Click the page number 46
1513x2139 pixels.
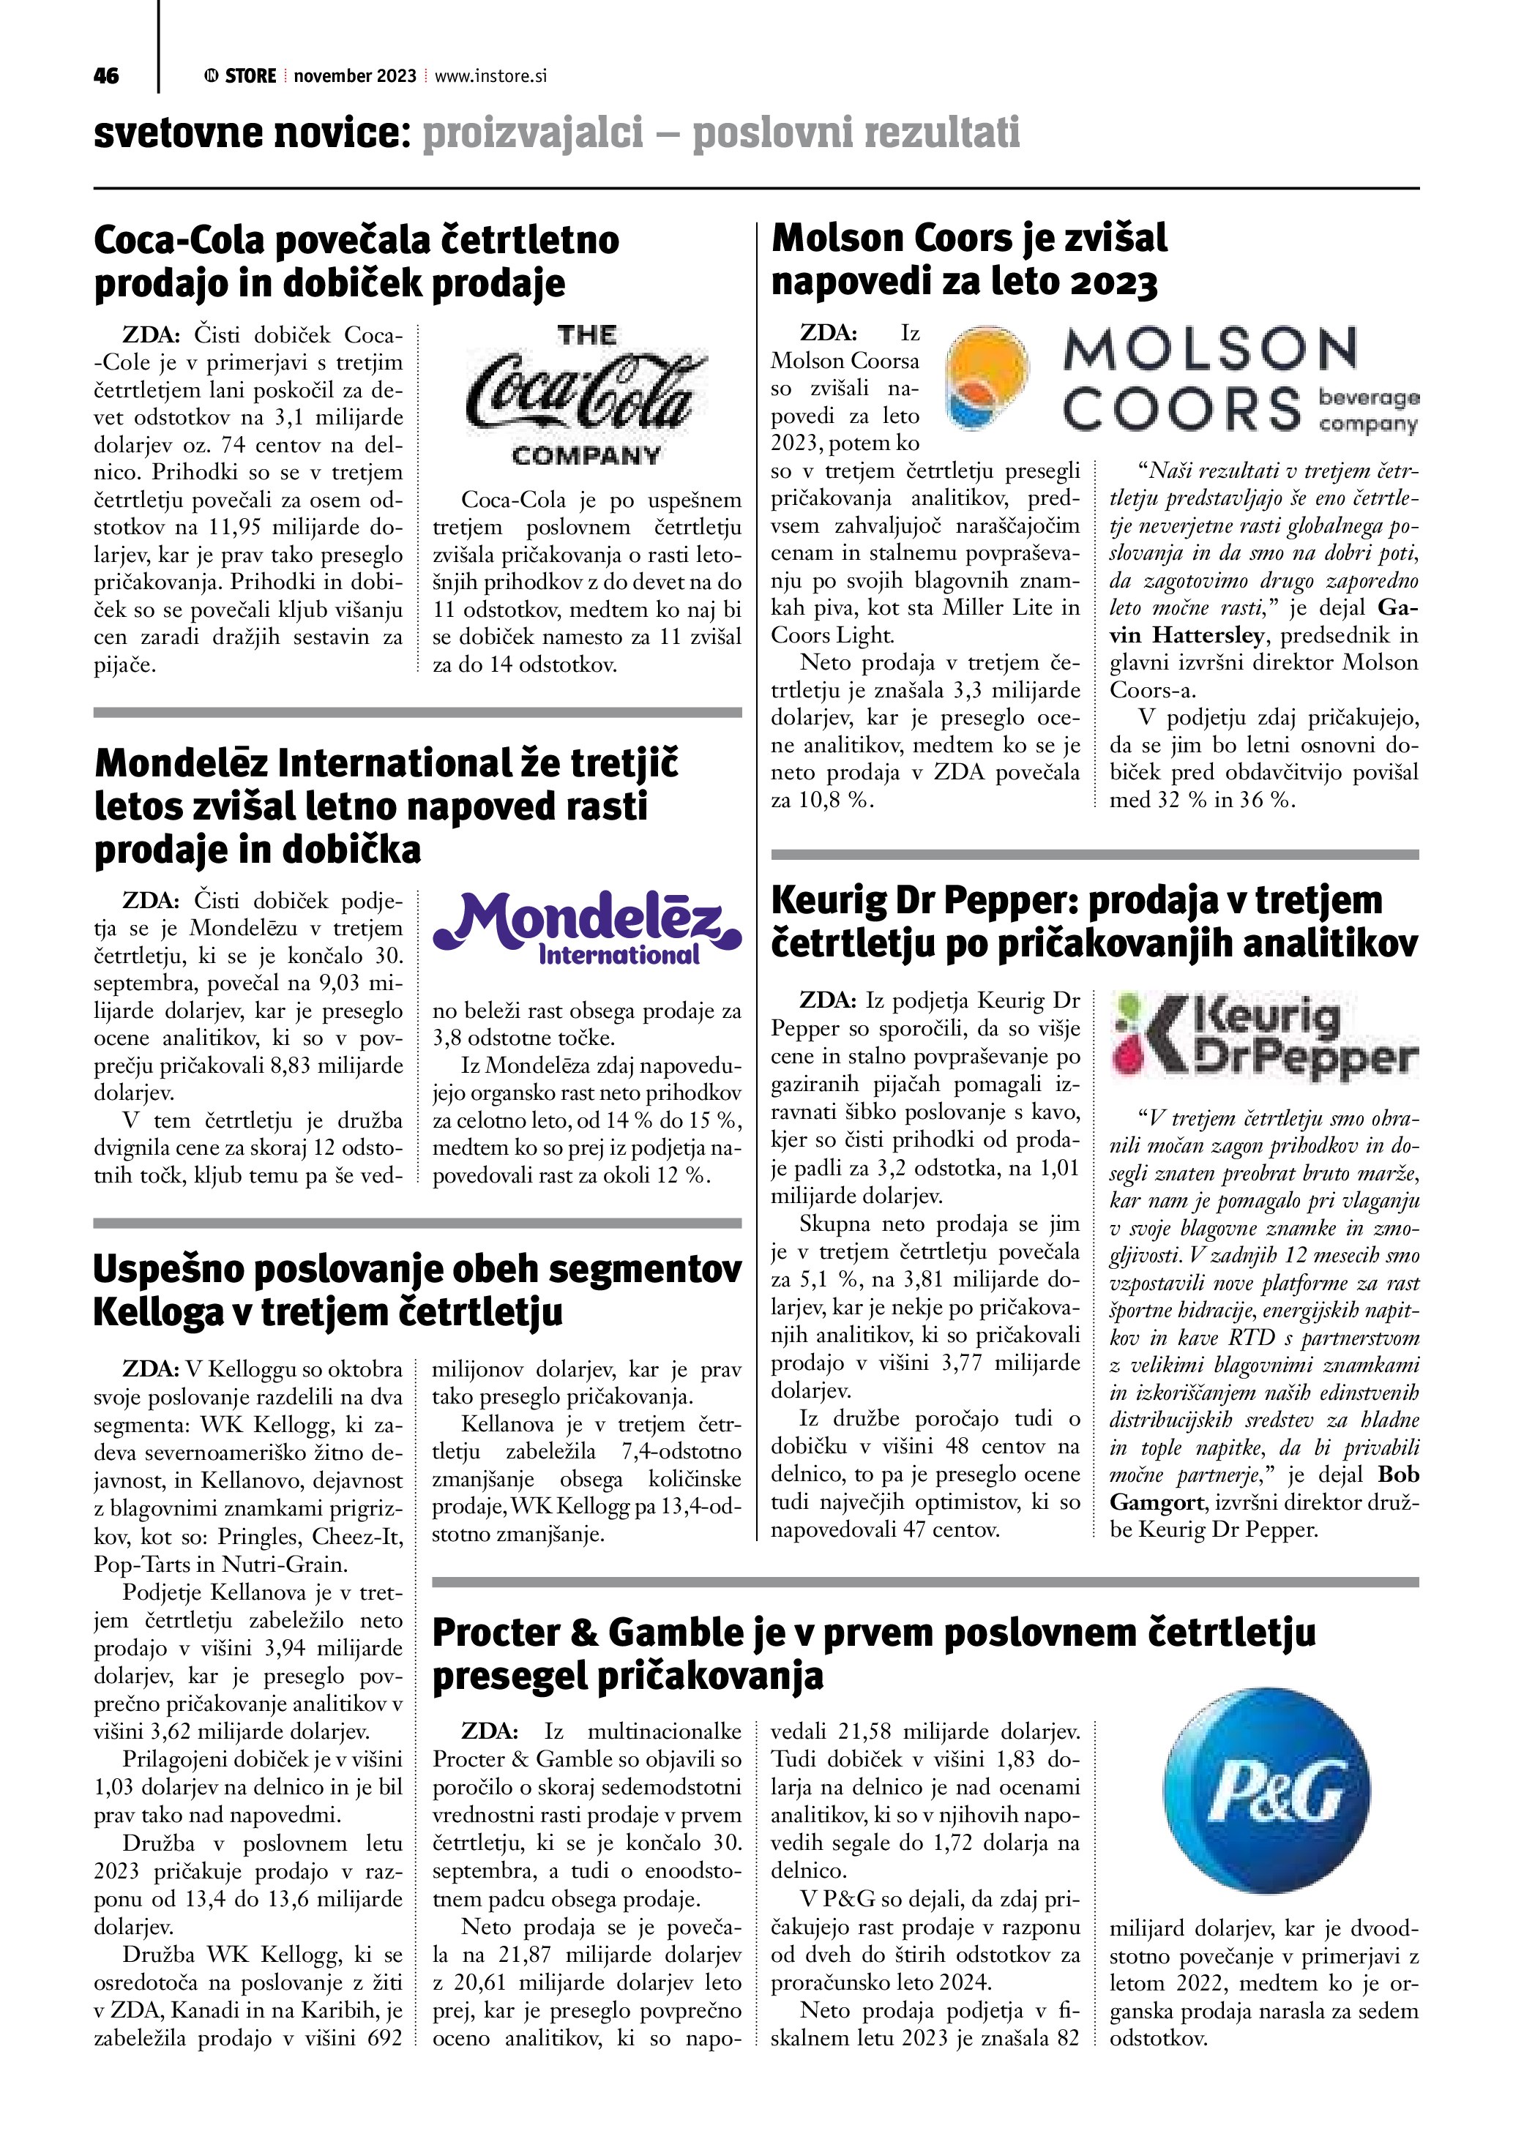[106, 76]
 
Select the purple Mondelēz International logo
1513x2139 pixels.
[587, 927]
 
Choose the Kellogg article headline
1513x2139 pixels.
[417, 1290]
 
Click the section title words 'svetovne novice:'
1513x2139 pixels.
[252, 134]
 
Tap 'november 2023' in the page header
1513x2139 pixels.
[355, 76]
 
